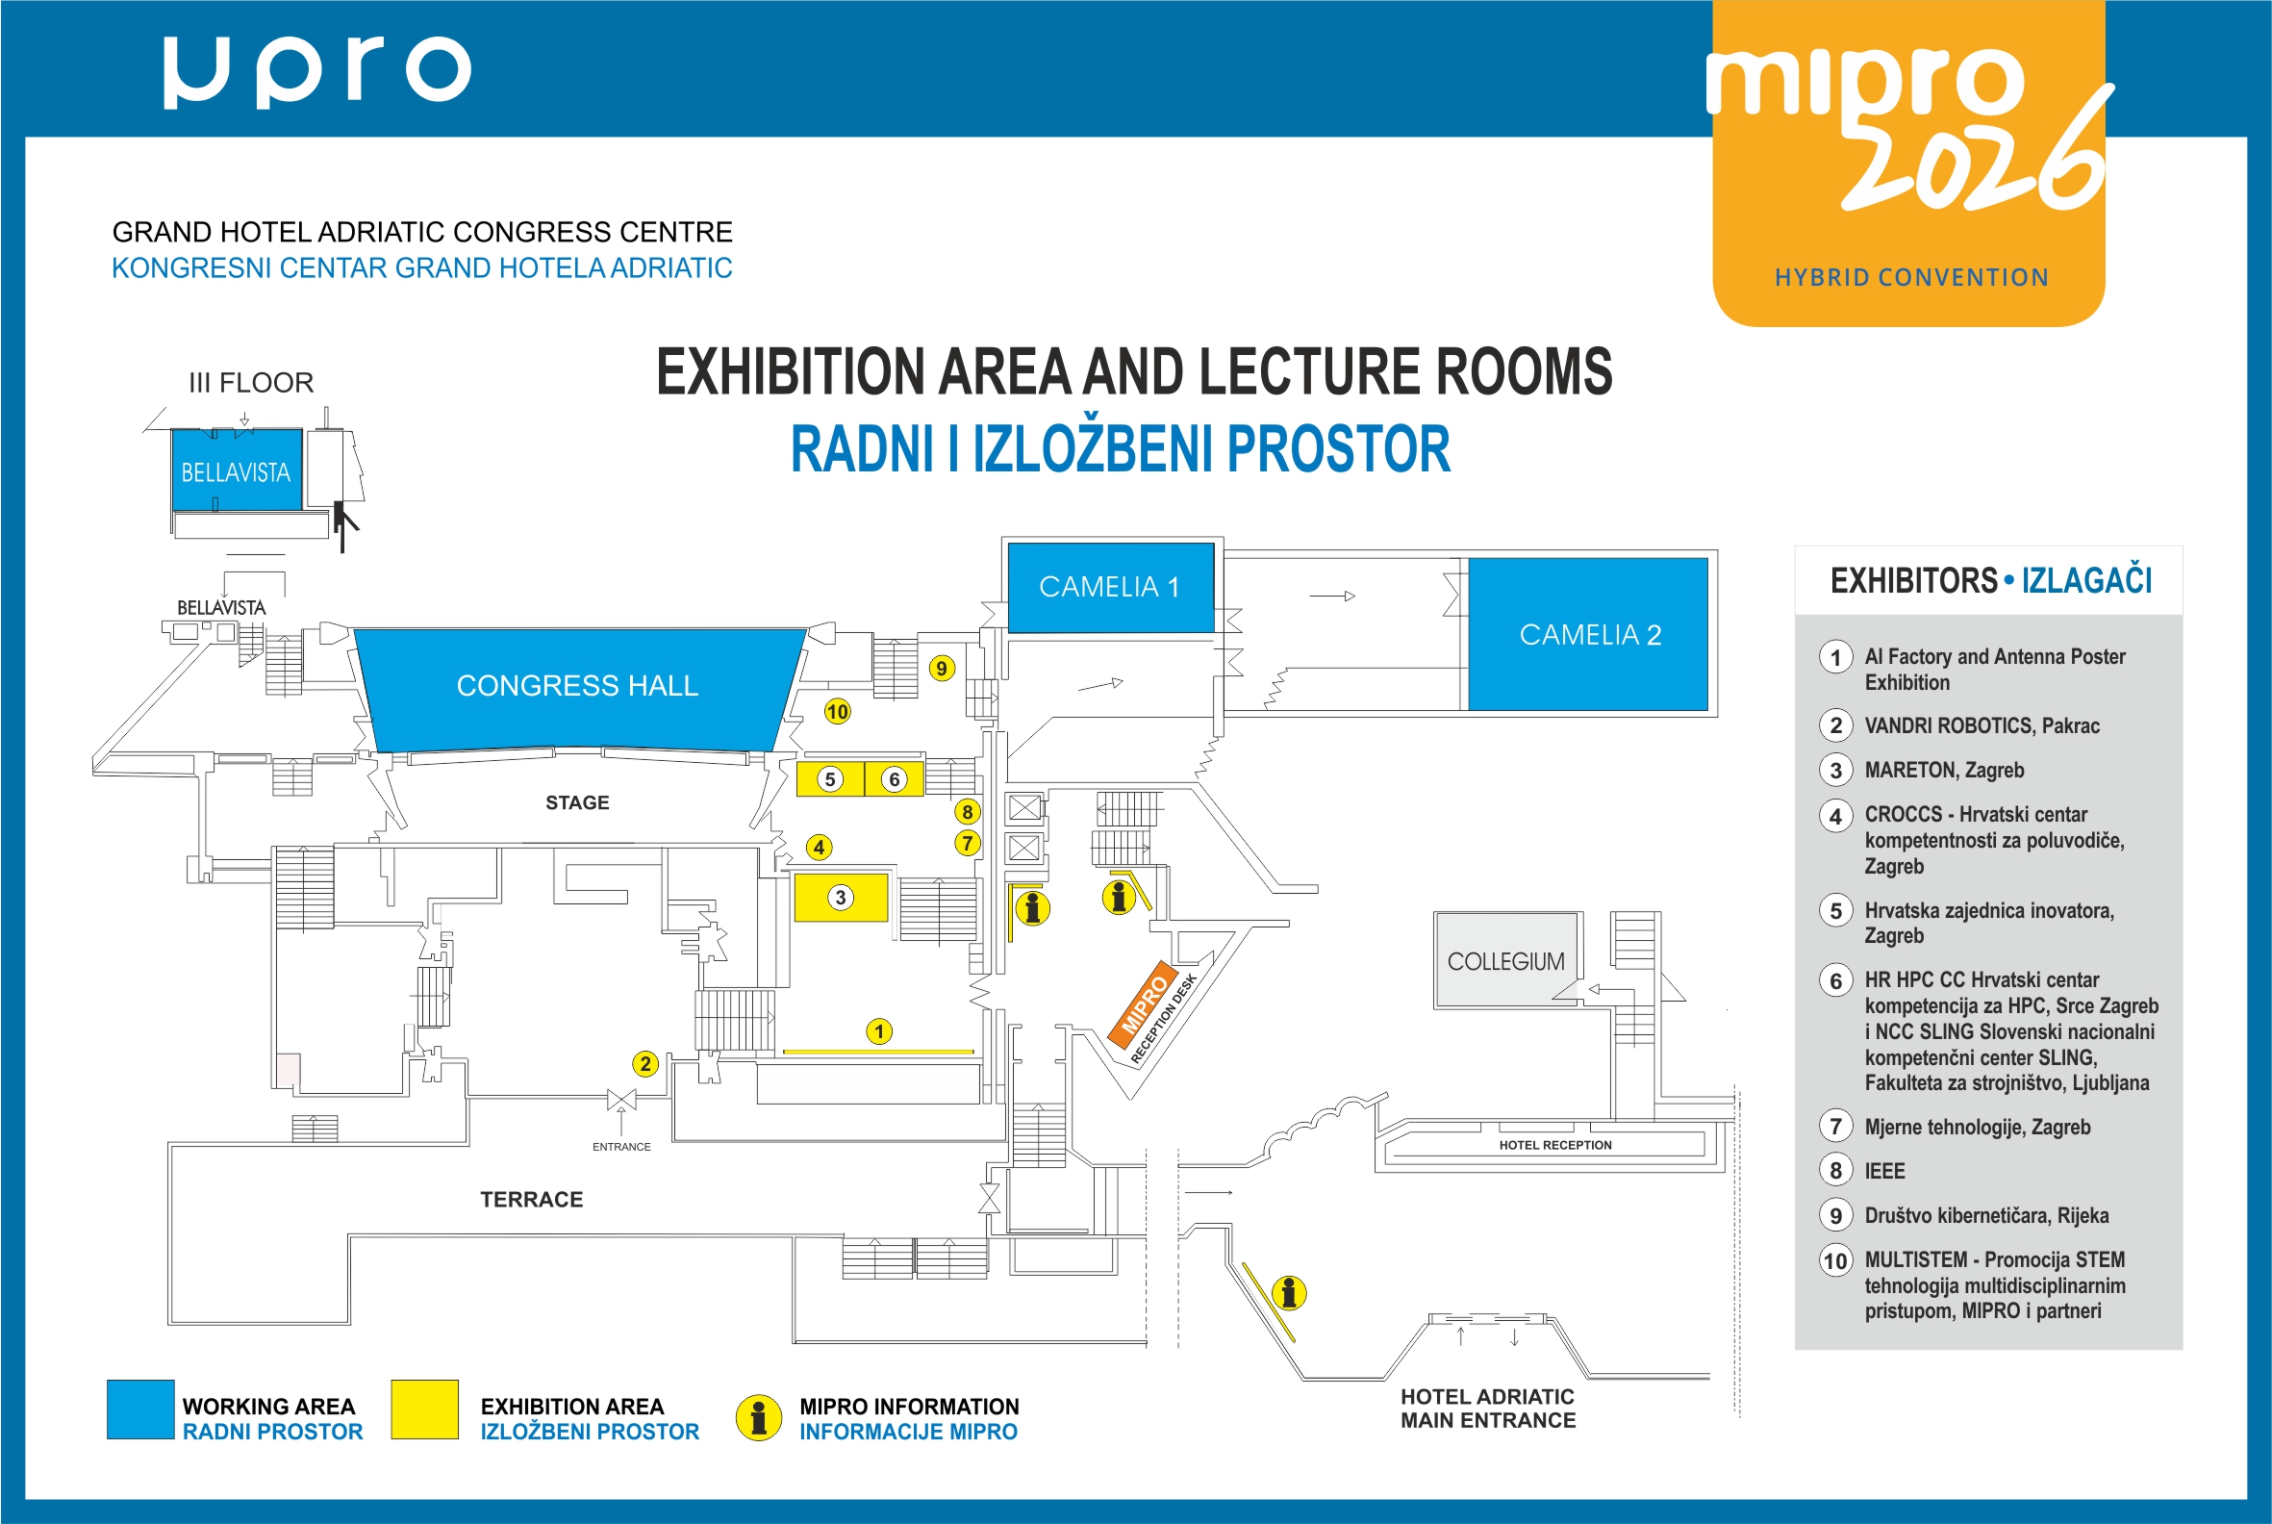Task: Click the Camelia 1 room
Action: pyautogui.click(x=1111, y=587)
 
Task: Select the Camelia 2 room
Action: pyautogui.click(x=1588, y=634)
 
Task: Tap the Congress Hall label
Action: pyautogui.click(x=577, y=686)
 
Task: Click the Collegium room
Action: pyautogui.click(x=1506, y=960)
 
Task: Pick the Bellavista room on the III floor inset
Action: pyautogui.click(x=236, y=470)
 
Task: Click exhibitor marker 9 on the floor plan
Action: pyautogui.click(x=942, y=669)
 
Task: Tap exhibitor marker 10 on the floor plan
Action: pyautogui.click(x=837, y=711)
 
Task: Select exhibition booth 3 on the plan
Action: pyautogui.click(x=842, y=897)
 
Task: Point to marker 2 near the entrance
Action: pyautogui.click(x=645, y=1064)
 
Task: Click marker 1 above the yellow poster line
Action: pyautogui.click(x=879, y=1031)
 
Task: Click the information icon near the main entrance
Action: pyautogui.click(x=1289, y=1293)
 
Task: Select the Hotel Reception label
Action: pyautogui.click(x=1554, y=1145)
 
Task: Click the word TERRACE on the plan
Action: pyautogui.click(x=532, y=1200)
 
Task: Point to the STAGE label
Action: pyautogui.click(x=577, y=802)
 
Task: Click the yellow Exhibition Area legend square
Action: pyautogui.click(x=424, y=1410)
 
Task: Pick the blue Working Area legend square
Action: pyautogui.click(x=140, y=1410)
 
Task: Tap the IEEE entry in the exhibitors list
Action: pyautogui.click(x=1884, y=1171)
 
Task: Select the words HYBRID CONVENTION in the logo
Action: pyautogui.click(x=1911, y=278)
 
